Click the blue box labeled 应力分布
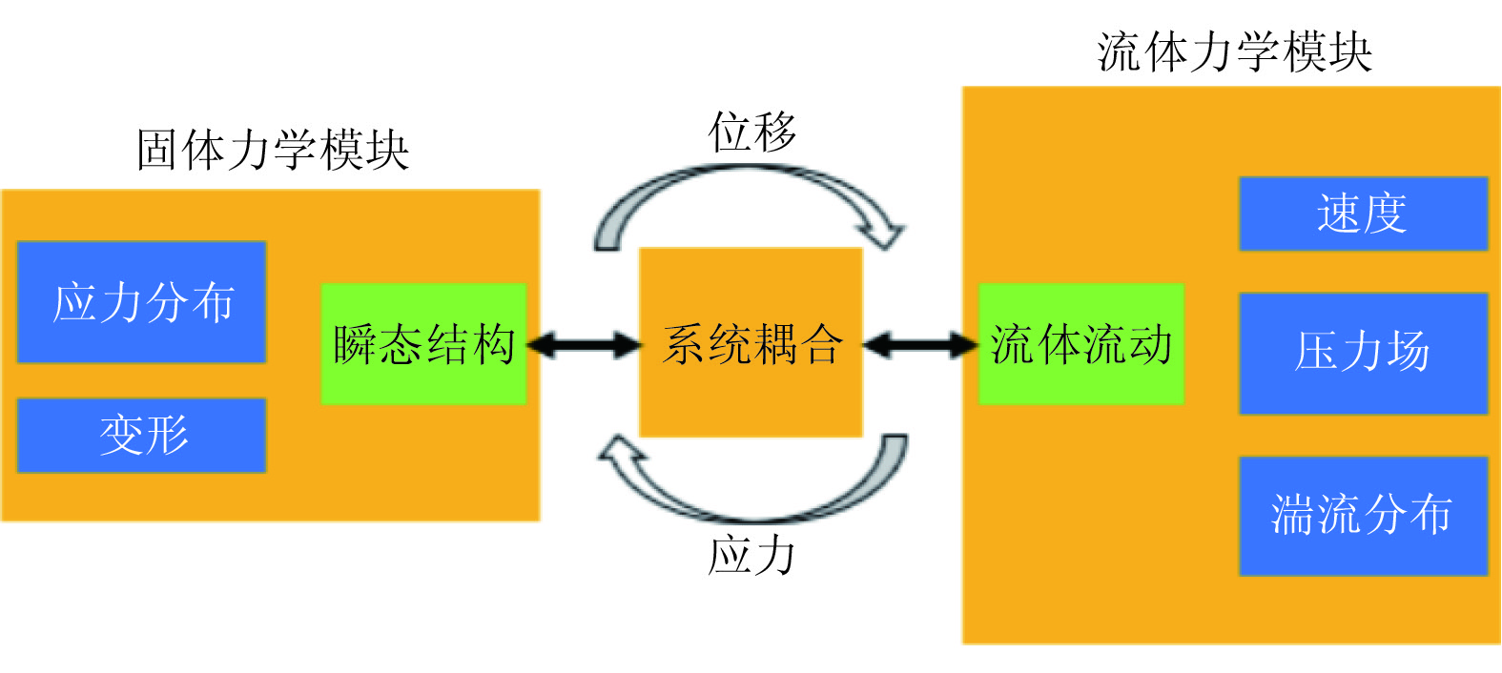[x=141, y=302]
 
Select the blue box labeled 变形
[x=141, y=436]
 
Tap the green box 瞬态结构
[x=423, y=344]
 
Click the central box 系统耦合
[x=751, y=343]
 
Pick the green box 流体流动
[x=1081, y=344]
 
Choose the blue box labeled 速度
[x=1363, y=214]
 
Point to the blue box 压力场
[x=1363, y=353]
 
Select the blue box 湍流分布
[x=1363, y=516]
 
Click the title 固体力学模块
[x=273, y=151]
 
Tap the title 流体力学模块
[x=1235, y=51]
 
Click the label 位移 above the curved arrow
[x=752, y=132]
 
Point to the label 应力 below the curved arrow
[x=752, y=555]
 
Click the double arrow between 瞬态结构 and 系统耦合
[x=583, y=344]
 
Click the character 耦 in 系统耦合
[x=774, y=344]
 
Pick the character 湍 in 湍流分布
[x=1292, y=516]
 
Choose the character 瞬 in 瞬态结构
[x=355, y=344]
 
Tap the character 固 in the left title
[x=157, y=151]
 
